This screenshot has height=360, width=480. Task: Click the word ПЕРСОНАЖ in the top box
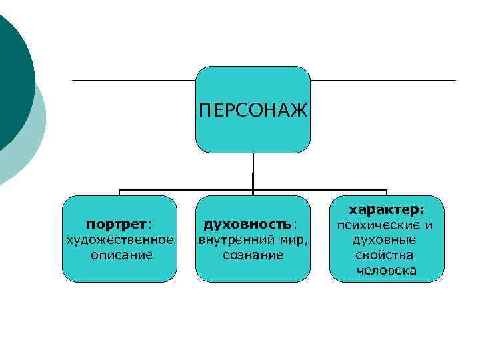tap(253, 109)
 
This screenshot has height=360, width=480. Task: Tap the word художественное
tap(119, 239)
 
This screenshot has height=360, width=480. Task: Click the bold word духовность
tap(247, 223)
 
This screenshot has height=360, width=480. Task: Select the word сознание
tap(253, 255)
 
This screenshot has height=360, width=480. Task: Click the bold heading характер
tap(387, 209)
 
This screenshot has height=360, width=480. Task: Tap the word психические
tap(375, 225)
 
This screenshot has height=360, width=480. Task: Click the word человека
tap(387, 270)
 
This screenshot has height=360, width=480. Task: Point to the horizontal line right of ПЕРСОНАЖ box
tap(383, 81)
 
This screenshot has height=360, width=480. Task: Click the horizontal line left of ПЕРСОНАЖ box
tap(133, 81)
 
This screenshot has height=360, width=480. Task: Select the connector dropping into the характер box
tap(387, 193)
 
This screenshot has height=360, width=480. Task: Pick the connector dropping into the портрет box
tap(119, 193)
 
